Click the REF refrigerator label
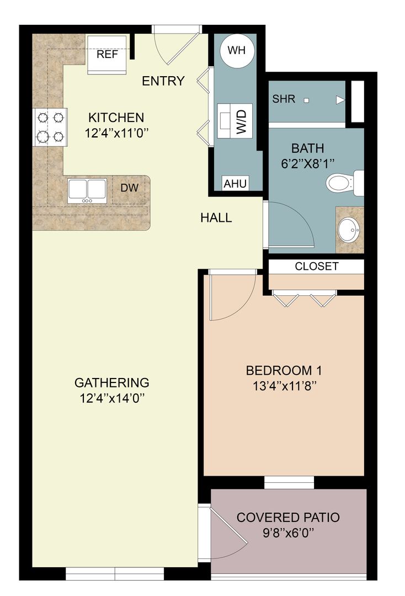pyautogui.click(x=108, y=55)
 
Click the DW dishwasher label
pyautogui.click(x=130, y=188)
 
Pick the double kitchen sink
pyautogui.click(x=87, y=190)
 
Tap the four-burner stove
pyautogui.click(x=51, y=127)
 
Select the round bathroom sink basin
pyautogui.click(x=349, y=230)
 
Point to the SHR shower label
pyautogui.click(x=284, y=99)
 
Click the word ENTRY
pyautogui.click(x=163, y=81)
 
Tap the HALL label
pyautogui.click(x=216, y=218)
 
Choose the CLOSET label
pyautogui.click(x=317, y=267)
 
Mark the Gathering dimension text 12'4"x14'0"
pyautogui.click(x=112, y=397)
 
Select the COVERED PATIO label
pyautogui.click(x=288, y=518)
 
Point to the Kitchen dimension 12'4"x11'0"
pyautogui.click(x=116, y=132)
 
